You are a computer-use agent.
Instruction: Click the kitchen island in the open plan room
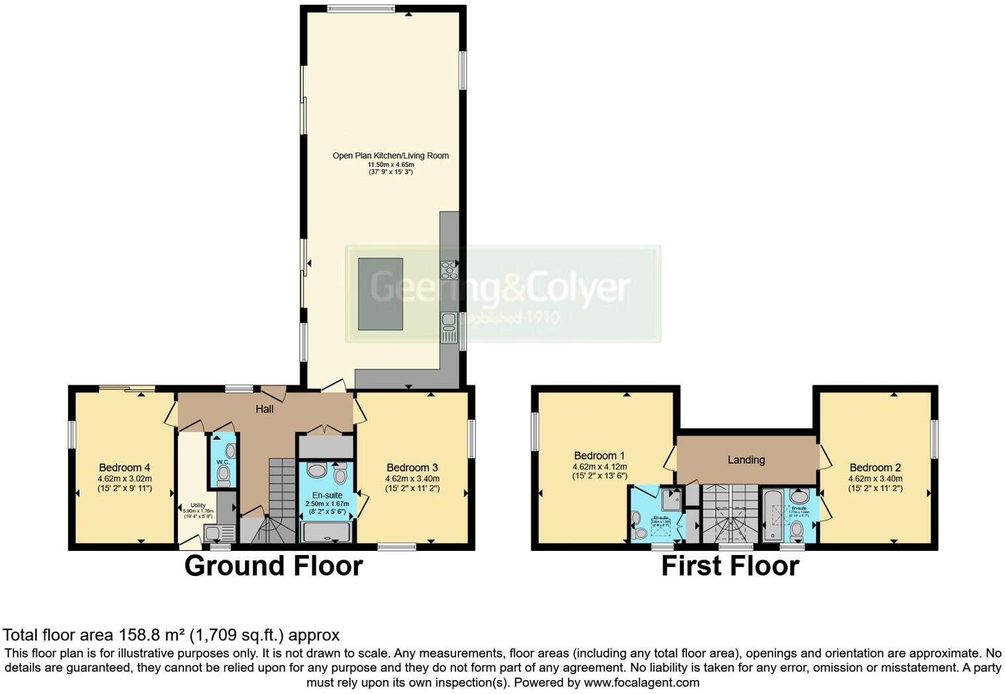point(381,294)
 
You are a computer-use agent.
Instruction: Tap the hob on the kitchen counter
point(449,270)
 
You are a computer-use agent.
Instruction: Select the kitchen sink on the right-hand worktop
point(449,322)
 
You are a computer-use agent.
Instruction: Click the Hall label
point(265,409)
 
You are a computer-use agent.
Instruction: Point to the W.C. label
point(222,462)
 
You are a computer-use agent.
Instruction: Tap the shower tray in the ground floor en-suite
point(326,532)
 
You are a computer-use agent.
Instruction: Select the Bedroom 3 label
point(412,468)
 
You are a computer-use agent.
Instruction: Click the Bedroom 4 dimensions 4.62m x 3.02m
point(124,479)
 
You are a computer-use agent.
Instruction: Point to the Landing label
point(746,460)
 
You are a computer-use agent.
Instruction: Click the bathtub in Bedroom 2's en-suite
point(772,516)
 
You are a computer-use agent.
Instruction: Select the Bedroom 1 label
point(599,456)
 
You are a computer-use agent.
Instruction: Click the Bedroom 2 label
point(875,468)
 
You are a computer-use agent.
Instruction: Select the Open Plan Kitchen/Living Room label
point(390,156)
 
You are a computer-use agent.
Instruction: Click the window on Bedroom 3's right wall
point(471,438)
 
